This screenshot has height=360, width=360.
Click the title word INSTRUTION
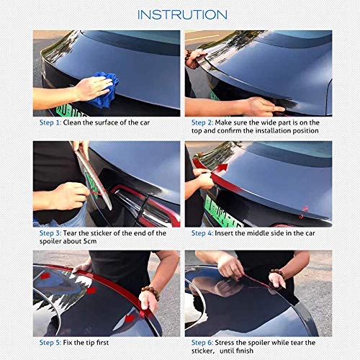181,14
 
